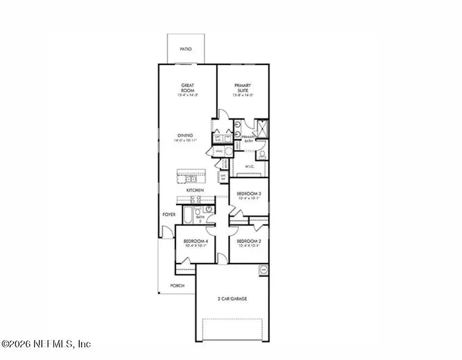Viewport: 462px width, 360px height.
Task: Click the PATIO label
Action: click(185, 50)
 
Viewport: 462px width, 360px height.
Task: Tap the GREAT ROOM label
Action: click(186, 88)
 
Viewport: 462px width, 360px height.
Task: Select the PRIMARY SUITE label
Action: click(243, 88)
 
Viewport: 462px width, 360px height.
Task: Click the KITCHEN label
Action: click(195, 190)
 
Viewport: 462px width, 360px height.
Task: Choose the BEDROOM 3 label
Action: click(248, 194)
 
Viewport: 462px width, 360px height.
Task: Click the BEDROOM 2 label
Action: click(248, 241)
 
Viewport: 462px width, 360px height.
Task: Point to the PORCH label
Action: click(178, 286)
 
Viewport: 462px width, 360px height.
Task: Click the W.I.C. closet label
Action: click(250, 166)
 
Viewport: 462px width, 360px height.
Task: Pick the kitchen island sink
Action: click(190, 179)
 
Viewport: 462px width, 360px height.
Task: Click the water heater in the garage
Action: click(263, 269)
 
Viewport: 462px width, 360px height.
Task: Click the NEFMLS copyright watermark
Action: click(46, 344)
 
